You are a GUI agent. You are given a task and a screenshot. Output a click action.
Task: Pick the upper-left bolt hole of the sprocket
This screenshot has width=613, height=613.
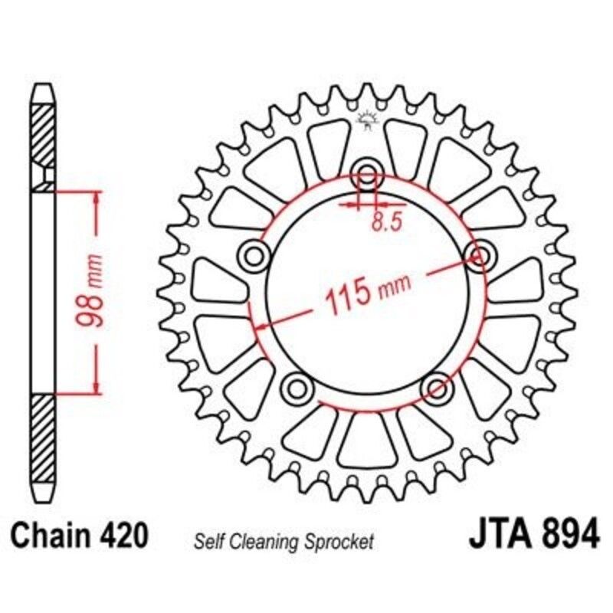[251, 254]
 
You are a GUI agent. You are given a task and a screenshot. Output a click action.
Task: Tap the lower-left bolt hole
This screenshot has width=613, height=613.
[295, 385]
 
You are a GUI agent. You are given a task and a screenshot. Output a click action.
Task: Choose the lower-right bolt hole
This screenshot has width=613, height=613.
[438, 385]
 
